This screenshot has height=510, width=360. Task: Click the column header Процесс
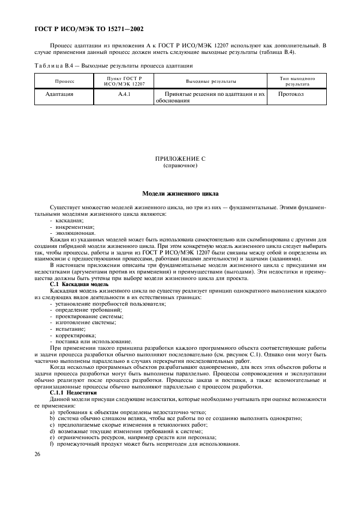tap(64, 81)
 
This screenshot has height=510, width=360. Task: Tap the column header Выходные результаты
tap(211, 81)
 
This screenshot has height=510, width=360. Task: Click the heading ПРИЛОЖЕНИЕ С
tap(180, 159)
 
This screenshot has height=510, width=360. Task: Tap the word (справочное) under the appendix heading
tap(180, 165)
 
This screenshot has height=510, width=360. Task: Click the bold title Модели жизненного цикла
tap(180, 193)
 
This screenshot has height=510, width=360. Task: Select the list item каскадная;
tap(69, 220)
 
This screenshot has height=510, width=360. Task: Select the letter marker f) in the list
tap(51, 443)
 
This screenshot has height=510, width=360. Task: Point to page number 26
tap(37, 453)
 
